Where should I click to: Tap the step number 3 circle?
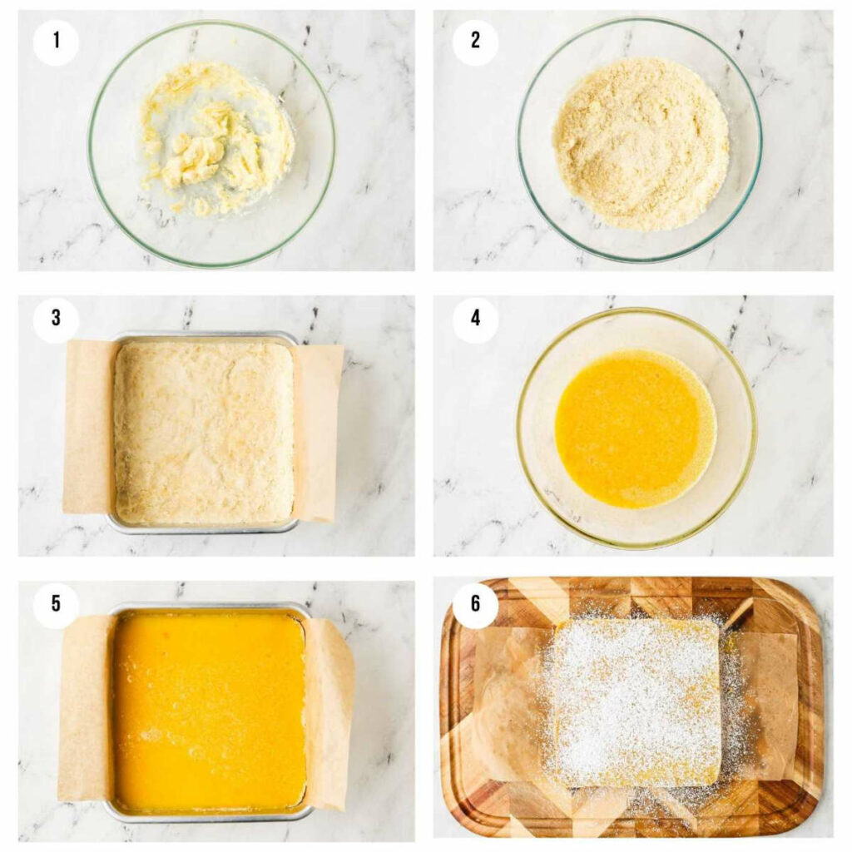pyautogui.click(x=56, y=319)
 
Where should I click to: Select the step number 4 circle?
pyautogui.click(x=475, y=319)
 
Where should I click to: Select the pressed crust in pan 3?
pyautogui.click(x=204, y=433)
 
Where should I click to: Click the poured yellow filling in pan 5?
pyautogui.click(x=208, y=711)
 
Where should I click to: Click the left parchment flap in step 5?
pyautogui.click(x=86, y=707)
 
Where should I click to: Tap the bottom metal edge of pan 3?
pyautogui.click(x=204, y=528)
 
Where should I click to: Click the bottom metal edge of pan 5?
pyautogui.click(x=208, y=816)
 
